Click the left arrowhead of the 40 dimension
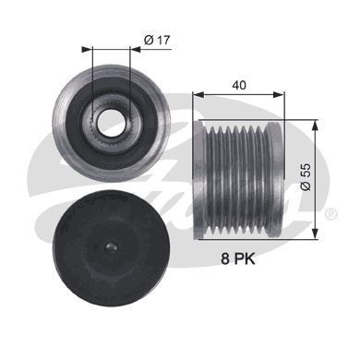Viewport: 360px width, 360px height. [x=196, y=93]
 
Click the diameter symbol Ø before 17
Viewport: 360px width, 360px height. [x=146, y=39]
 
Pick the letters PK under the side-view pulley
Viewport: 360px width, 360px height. [x=246, y=261]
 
